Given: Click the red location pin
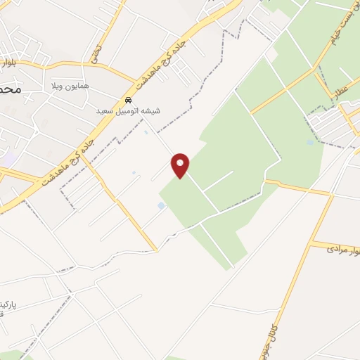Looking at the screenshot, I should click(181, 165).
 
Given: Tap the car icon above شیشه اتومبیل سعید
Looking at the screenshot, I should click(128, 100).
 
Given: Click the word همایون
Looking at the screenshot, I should click(77, 86).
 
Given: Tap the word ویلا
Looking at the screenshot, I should click(56, 86).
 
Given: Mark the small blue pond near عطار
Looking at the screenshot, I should click(311, 142).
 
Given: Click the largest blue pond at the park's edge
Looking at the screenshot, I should click(161, 205).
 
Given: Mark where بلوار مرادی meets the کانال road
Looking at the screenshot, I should click(311, 245).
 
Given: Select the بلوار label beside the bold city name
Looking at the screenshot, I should click(9, 63).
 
